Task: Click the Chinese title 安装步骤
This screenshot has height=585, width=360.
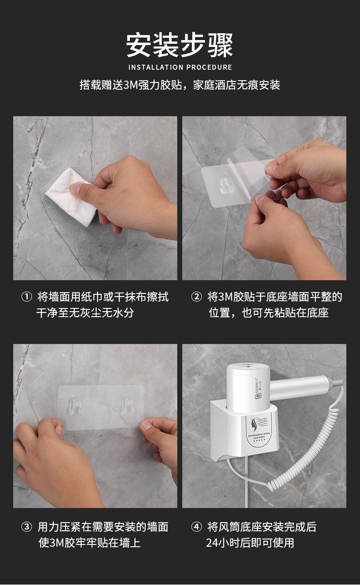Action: (180, 45)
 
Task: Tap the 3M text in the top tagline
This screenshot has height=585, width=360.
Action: (130, 85)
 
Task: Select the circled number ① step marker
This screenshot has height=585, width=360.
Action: (26, 297)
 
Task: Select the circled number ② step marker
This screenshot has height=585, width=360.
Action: (196, 297)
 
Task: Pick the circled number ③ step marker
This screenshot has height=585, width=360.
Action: (26, 527)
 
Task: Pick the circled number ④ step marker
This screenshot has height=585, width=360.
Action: (196, 527)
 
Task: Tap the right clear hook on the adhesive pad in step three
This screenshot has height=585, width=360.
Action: (127, 405)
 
